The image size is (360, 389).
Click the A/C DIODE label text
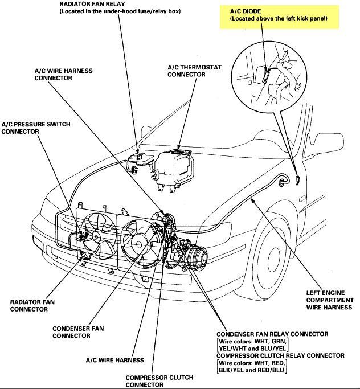pos(246,11)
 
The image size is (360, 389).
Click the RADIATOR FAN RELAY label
pos(92,4)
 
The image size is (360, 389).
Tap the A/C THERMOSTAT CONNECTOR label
pos(194,71)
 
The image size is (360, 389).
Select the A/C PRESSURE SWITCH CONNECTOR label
pos(36,128)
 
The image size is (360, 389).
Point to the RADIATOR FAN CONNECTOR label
pos(32,306)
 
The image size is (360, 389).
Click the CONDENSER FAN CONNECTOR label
pos(78,332)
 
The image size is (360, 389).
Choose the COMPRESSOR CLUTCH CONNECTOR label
pos(159,381)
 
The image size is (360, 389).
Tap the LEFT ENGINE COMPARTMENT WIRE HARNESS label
pos(330,300)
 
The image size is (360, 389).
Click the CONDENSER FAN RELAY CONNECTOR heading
pos(272,334)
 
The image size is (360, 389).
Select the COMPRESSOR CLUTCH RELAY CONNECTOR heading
pos(280,355)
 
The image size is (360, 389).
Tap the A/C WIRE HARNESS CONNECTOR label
pos(64,75)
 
